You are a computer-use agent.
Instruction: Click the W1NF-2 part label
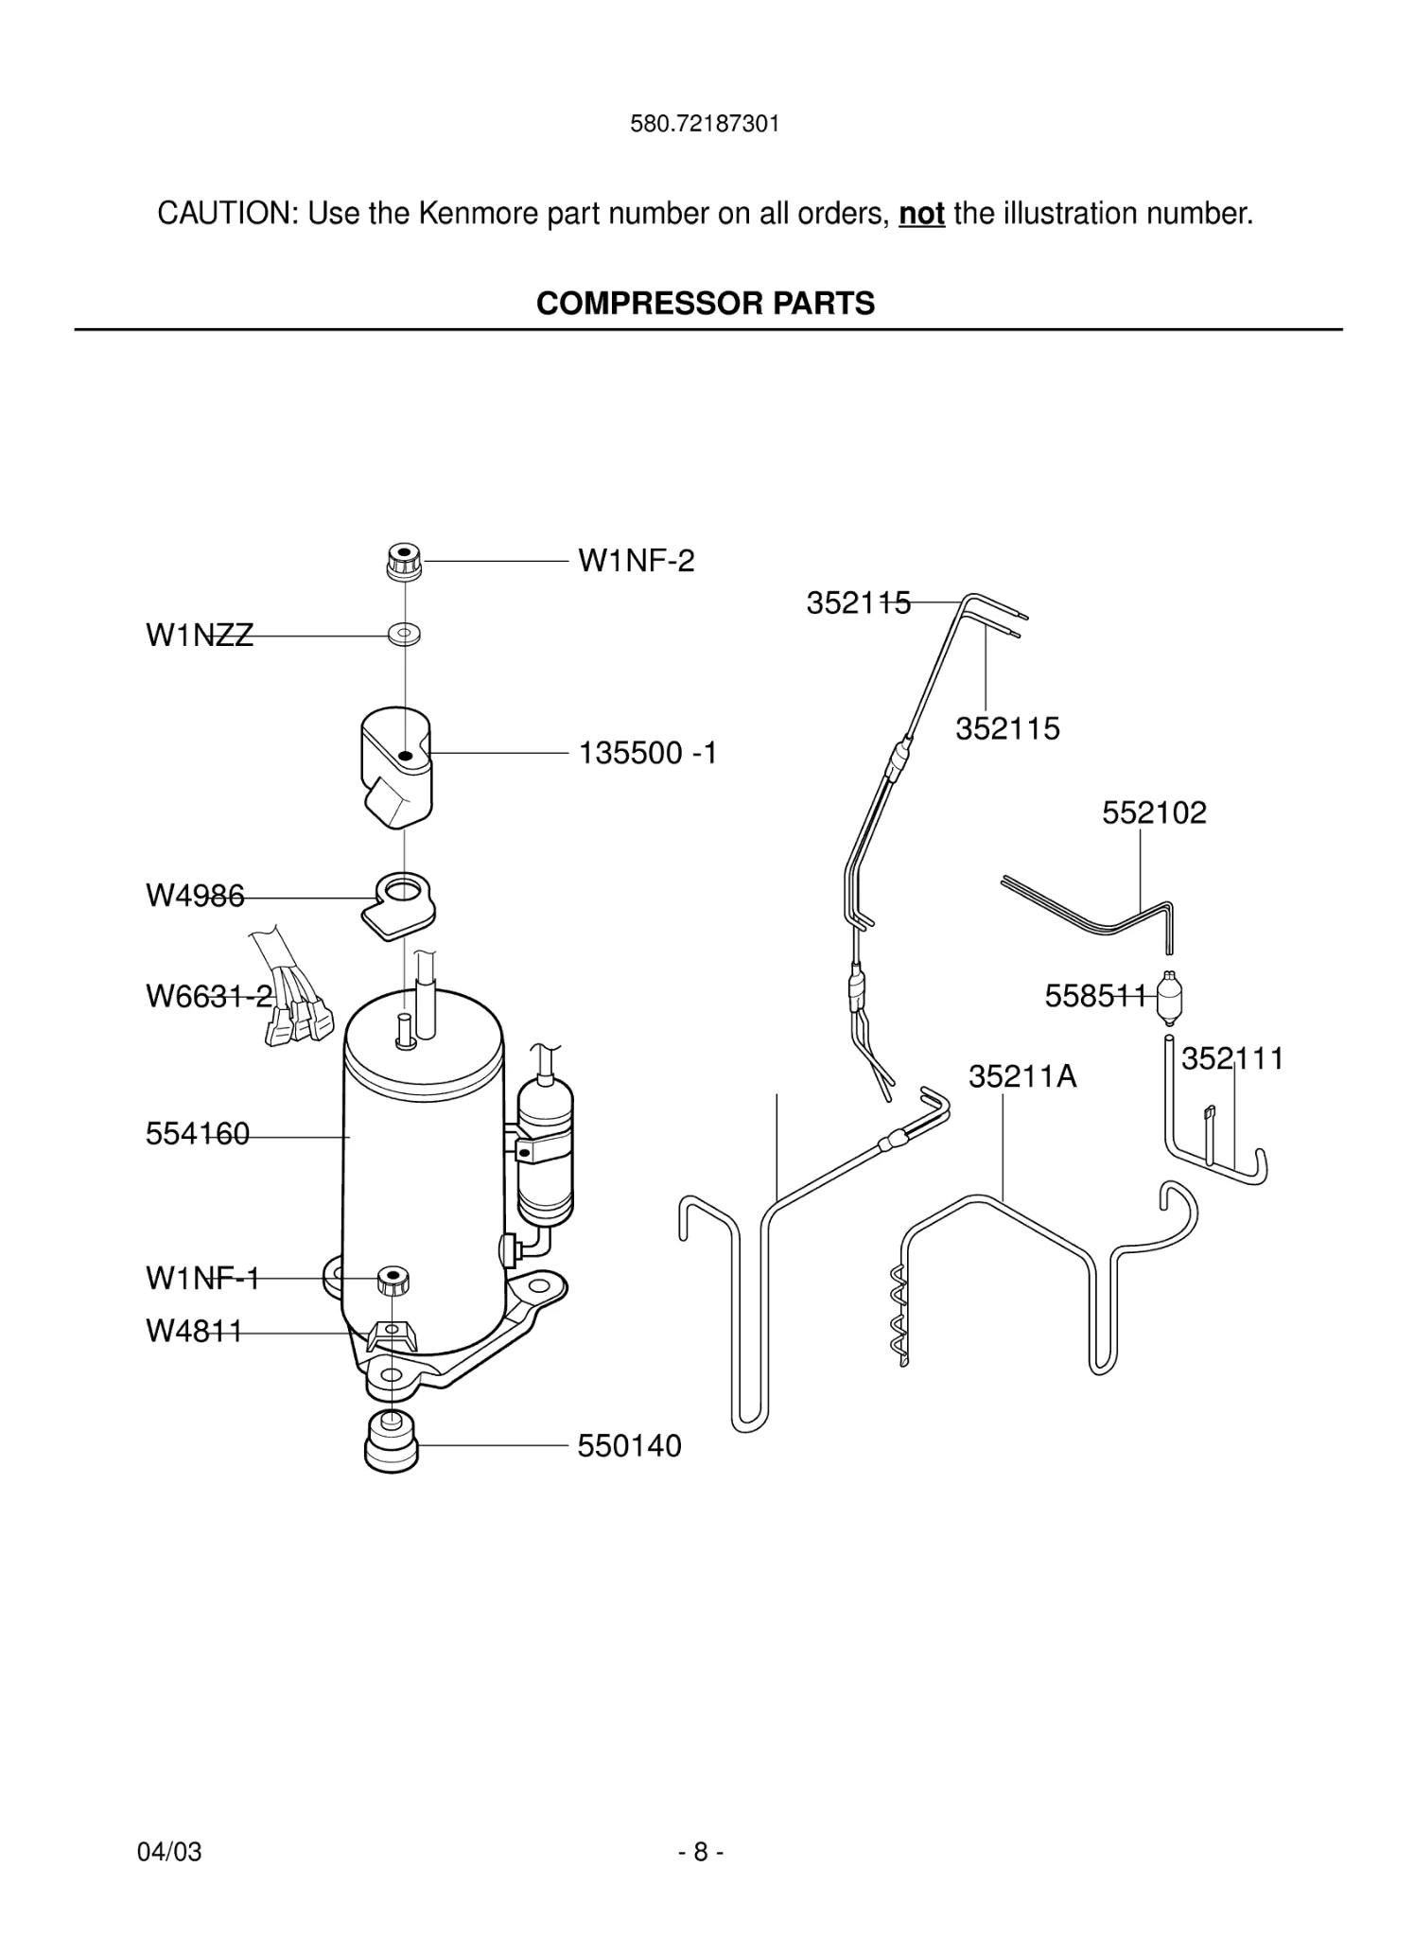coord(636,561)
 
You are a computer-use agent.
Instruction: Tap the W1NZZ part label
coord(200,636)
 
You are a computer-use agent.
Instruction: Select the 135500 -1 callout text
coord(648,753)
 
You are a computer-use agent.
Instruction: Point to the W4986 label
coord(195,896)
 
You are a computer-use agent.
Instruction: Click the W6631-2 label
coord(209,996)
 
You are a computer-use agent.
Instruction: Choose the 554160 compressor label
coord(198,1133)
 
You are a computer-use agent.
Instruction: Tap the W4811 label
coord(194,1331)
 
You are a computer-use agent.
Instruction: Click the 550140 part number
coord(629,1446)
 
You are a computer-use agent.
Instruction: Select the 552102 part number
coord(1154,812)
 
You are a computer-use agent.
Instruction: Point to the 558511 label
coord(1095,996)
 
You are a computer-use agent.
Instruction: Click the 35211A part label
coord(1022,1076)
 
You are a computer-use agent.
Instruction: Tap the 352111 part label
coord(1232,1058)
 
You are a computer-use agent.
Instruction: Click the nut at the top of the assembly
coord(404,561)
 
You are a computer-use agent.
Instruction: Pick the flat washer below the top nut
coord(404,632)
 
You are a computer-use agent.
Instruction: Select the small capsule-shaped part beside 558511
coord(1171,999)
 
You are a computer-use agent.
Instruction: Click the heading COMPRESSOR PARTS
coord(706,304)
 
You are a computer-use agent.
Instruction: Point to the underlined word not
coord(921,214)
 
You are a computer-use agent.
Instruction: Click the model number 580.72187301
coord(705,124)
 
